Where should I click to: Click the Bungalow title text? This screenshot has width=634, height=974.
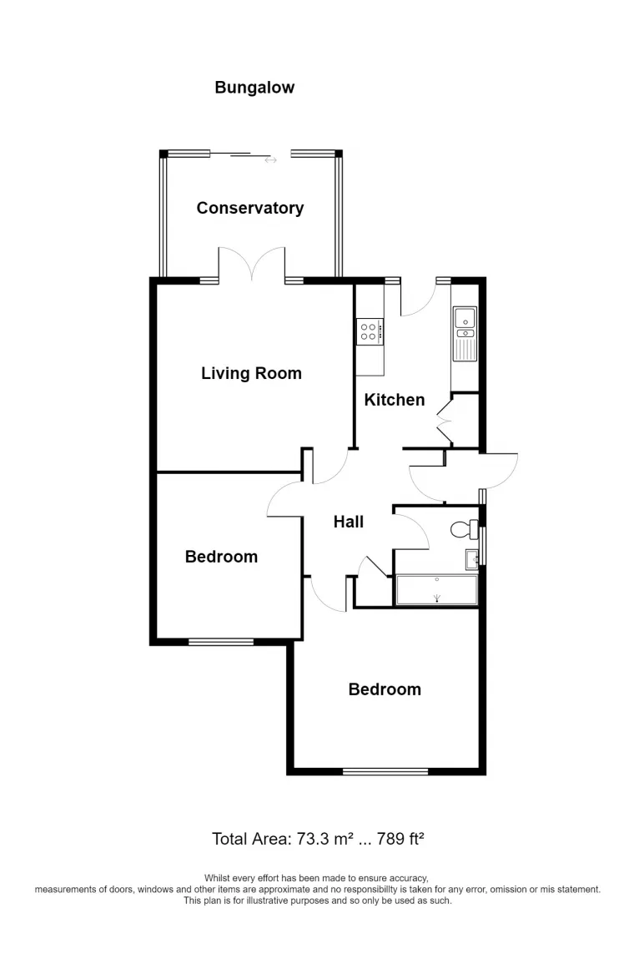(x=254, y=88)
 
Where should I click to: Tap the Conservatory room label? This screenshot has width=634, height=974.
(x=250, y=208)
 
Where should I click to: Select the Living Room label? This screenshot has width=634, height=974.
(x=251, y=373)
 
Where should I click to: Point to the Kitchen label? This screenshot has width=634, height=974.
(x=395, y=400)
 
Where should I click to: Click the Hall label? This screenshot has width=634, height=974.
(x=349, y=522)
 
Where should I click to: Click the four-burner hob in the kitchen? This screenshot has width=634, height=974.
(x=370, y=331)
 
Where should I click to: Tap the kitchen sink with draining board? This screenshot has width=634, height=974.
(x=465, y=334)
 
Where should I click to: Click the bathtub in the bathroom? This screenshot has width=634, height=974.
(x=436, y=589)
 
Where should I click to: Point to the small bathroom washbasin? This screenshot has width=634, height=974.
(x=472, y=560)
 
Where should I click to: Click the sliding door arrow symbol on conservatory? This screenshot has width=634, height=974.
(x=271, y=160)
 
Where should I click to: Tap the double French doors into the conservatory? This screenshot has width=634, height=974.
(x=251, y=264)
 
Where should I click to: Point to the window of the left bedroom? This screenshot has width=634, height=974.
(x=221, y=642)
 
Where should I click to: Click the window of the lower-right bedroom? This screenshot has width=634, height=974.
(x=385, y=771)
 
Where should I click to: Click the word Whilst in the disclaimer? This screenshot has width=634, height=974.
(x=216, y=878)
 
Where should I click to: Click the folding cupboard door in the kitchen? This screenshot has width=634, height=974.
(x=445, y=421)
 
